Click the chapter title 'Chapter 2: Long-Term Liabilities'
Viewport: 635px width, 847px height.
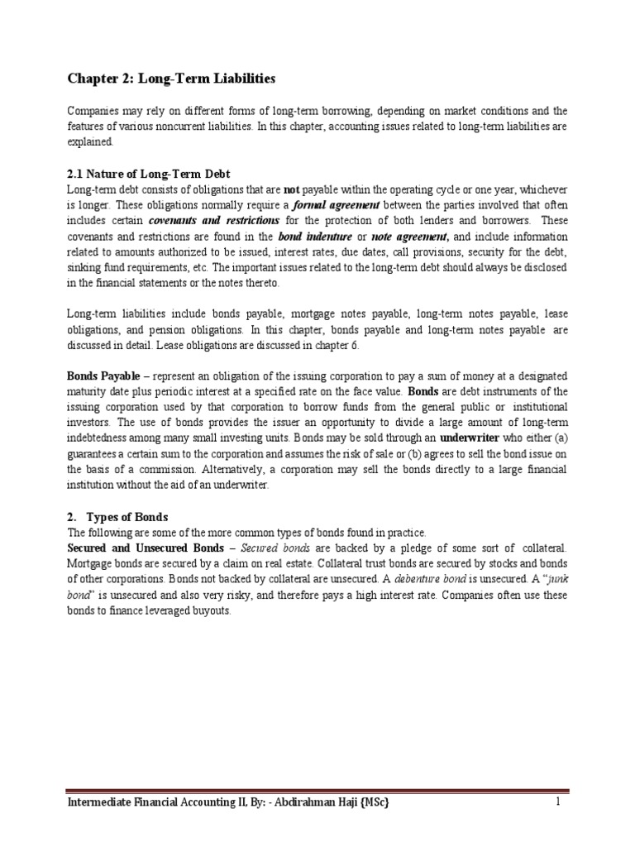click(x=170, y=79)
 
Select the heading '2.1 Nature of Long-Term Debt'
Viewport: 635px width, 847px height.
click(x=148, y=174)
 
